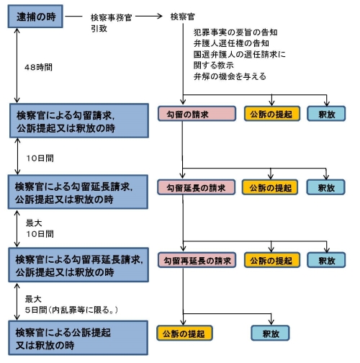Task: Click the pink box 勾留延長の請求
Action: click(197, 187)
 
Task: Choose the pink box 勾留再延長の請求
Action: click(197, 260)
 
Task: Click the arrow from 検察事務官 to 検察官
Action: click(151, 16)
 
